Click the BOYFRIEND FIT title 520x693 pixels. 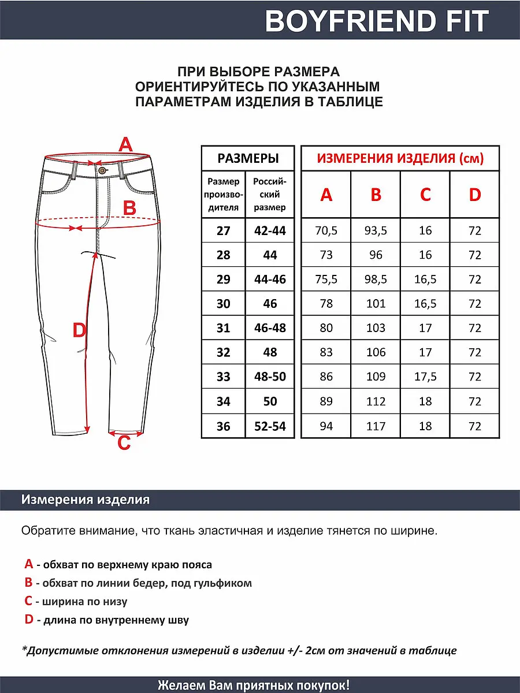point(377,21)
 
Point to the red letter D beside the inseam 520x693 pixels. point(79,331)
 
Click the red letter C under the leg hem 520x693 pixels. point(124,444)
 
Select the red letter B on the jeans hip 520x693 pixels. point(129,208)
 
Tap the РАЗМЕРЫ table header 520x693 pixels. point(247,158)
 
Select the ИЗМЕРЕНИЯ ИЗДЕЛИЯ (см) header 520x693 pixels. point(400,158)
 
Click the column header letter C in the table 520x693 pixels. point(425,195)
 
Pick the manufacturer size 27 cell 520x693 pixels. point(223,231)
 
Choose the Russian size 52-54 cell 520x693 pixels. point(270,427)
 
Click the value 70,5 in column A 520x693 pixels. point(326,231)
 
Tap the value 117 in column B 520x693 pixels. point(376,427)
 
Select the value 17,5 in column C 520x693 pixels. point(425,377)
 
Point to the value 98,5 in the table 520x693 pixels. point(376,280)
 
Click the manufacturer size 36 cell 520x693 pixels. point(223,427)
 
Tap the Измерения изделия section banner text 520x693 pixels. point(86,500)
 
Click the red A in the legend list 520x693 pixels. point(28,564)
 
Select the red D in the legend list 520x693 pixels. point(29,620)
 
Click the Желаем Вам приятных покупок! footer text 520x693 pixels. point(253,685)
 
